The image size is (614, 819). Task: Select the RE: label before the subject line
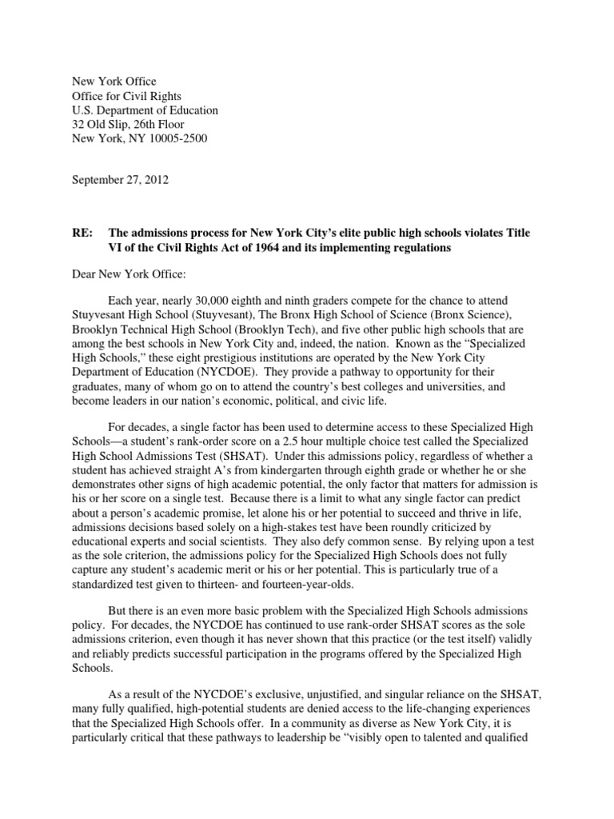click(83, 233)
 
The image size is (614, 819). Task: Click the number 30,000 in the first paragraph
click(218, 303)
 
